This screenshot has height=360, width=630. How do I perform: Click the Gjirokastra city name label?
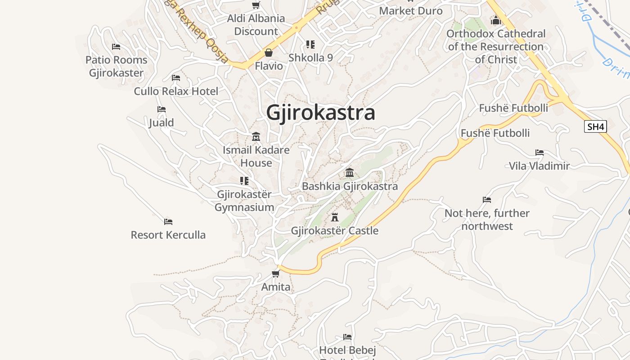tap(320, 112)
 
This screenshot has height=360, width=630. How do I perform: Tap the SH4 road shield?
tap(595, 126)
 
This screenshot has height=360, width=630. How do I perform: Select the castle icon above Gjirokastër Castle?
tap(334, 217)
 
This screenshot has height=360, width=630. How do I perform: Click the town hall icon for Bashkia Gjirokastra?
tap(350, 172)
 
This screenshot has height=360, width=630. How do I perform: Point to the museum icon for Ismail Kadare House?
tap(256, 136)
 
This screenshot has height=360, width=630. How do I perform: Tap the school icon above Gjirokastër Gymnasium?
tap(244, 181)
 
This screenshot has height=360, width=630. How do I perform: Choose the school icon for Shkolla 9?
tap(310, 44)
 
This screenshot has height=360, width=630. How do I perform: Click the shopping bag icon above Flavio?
tap(269, 53)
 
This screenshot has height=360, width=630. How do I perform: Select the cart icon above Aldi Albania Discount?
tap(256, 5)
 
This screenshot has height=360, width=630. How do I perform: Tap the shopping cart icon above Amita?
tap(276, 274)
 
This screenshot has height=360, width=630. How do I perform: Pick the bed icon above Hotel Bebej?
tap(347, 337)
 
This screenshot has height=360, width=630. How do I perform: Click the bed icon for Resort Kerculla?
tap(168, 221)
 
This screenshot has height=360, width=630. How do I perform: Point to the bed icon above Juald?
tap(161, 109)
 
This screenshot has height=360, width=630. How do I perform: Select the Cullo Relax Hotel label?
tap(176, 91)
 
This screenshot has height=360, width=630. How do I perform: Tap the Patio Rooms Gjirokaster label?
tap(117, 66)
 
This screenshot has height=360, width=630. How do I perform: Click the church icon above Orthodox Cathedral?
tap(496, 20)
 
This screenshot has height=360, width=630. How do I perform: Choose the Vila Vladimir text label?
tap(539, 166)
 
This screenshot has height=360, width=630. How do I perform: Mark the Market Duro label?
tap(411, 11)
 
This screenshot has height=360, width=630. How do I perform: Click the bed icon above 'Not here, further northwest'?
tap(486, 199)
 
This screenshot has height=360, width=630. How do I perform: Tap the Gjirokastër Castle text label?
tap(334, 231)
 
